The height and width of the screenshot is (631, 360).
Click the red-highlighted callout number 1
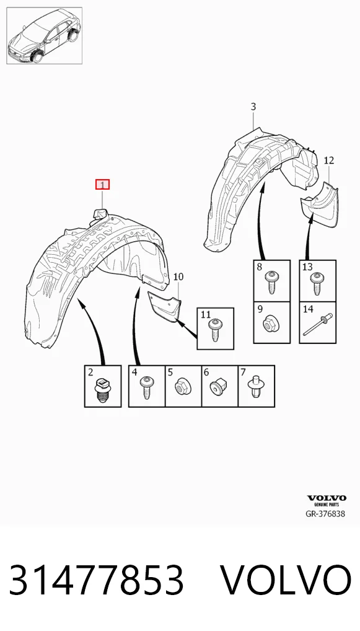[x=102, y=185]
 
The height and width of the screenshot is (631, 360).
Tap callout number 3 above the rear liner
[x=253, y=107]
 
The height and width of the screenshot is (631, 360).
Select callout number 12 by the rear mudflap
[x=328, y=160]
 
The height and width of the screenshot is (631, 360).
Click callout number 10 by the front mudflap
[x=178, y=276]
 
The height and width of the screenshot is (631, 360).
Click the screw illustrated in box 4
[x=146, y=387]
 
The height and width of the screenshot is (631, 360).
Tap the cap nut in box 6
[x=218, y=388]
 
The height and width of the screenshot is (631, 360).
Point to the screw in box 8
[x=271, y=282]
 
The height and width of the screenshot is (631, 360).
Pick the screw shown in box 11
[x=215, y=330]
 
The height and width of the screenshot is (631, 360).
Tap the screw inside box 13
[x=317, y=283]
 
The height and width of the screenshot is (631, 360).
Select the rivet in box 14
[x=317, y=324]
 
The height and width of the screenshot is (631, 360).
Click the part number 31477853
[x=96, y=580]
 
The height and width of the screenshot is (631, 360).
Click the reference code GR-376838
[x=325, y=514]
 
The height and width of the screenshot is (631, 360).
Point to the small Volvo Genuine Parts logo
[x=327, y=500]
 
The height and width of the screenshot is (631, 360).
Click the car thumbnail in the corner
[x=44, y=35]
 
